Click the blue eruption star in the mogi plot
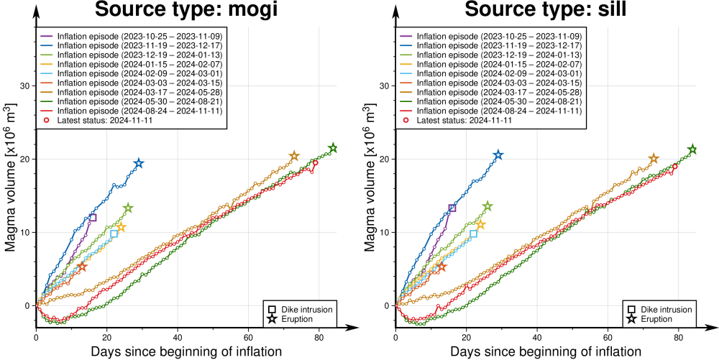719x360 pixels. [x=139, y=163]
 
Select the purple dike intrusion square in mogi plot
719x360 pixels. [x=93, y=217]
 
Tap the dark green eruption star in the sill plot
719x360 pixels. [x=692, y=149]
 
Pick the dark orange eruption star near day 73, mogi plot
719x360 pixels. [x=294, y=156]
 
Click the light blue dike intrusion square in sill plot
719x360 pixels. [x=473, y=234]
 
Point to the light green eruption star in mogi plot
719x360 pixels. [x=128, y=208]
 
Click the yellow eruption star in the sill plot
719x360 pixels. [x=480, y=225]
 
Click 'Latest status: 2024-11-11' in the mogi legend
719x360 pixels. [x=103, y=120]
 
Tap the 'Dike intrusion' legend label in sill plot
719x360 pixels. [x=666, y=309]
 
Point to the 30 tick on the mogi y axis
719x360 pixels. [x=27, y=86]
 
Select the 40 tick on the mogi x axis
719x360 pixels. [x=178, y=336]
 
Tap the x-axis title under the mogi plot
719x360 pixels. [x=186, y=351]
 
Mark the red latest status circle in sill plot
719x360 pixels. [x=674, y=166]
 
